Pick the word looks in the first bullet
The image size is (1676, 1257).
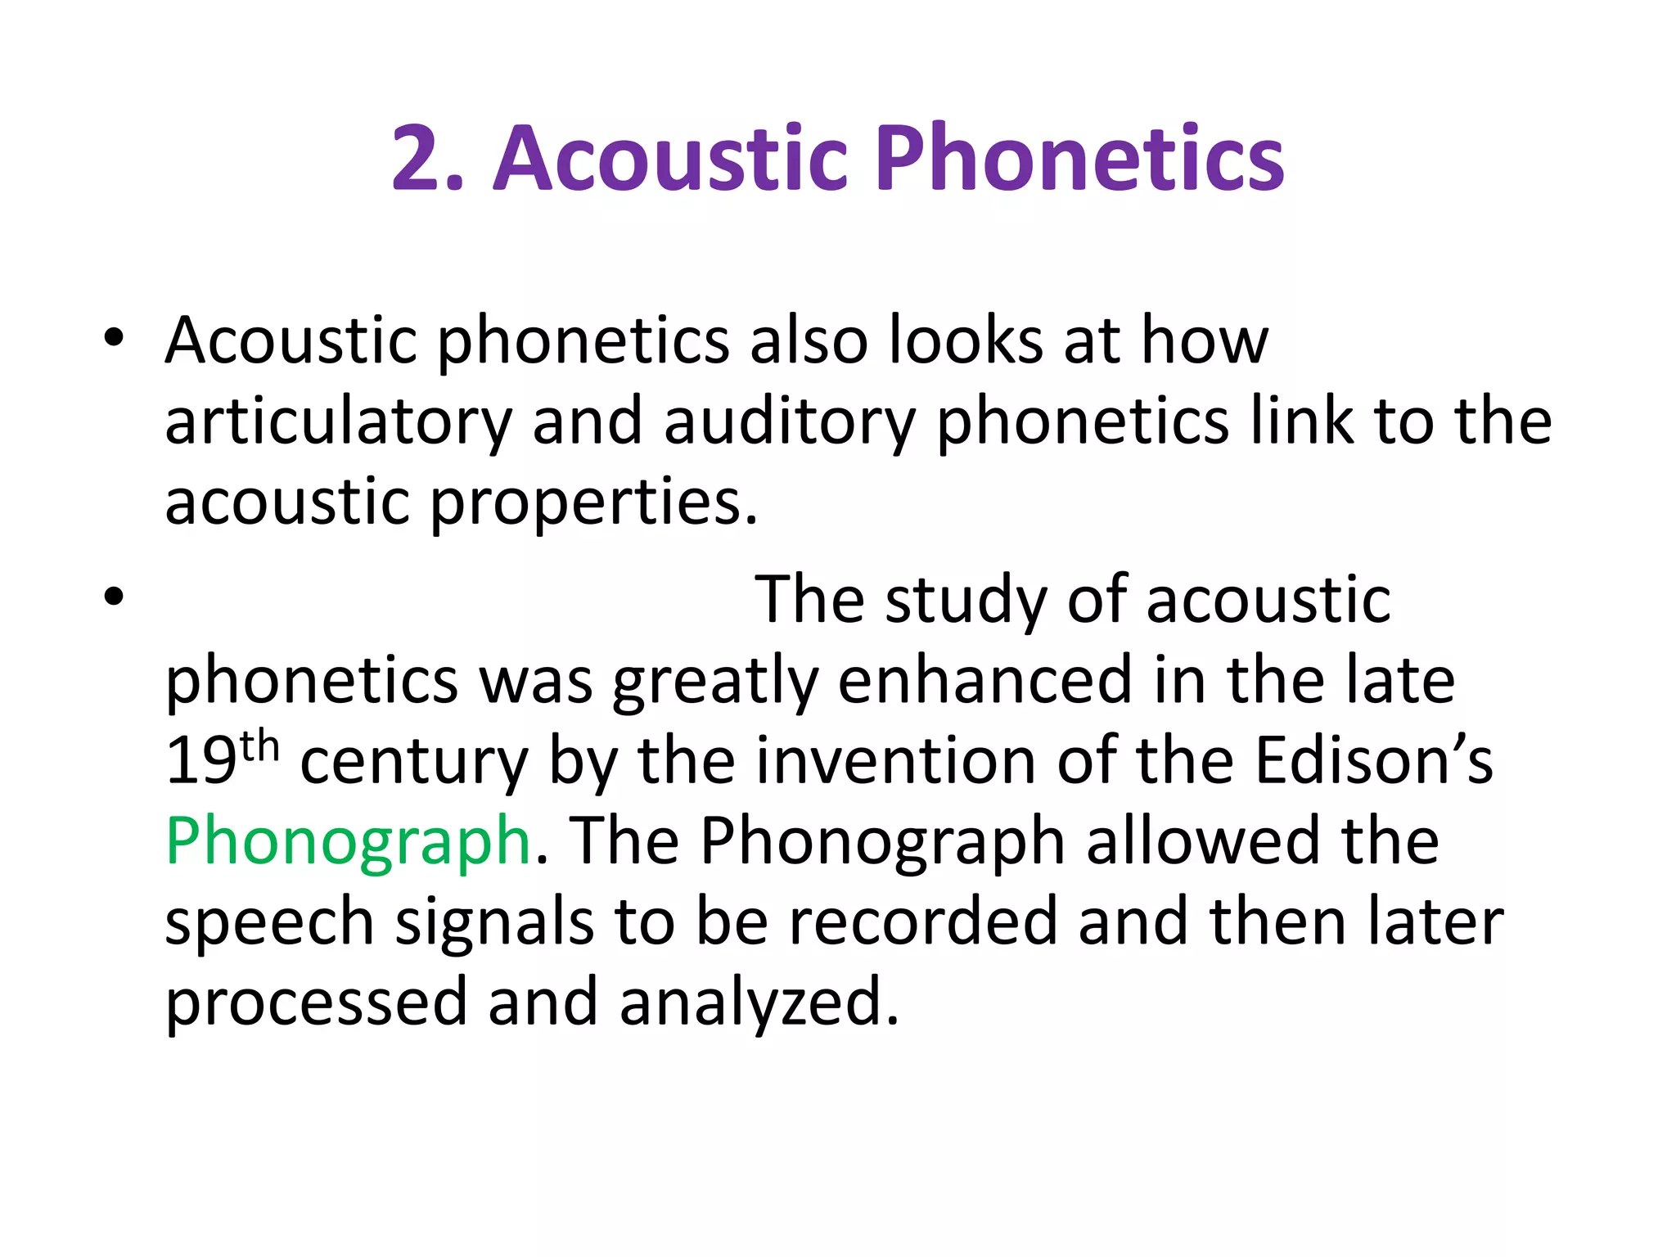[x=966, y=340]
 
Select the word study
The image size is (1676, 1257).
[x=966, y=601]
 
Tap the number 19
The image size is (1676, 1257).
[x=201, y=761]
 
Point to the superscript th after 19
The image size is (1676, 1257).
[x=260, y=747]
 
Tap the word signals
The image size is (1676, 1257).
[x=494, y=923]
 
